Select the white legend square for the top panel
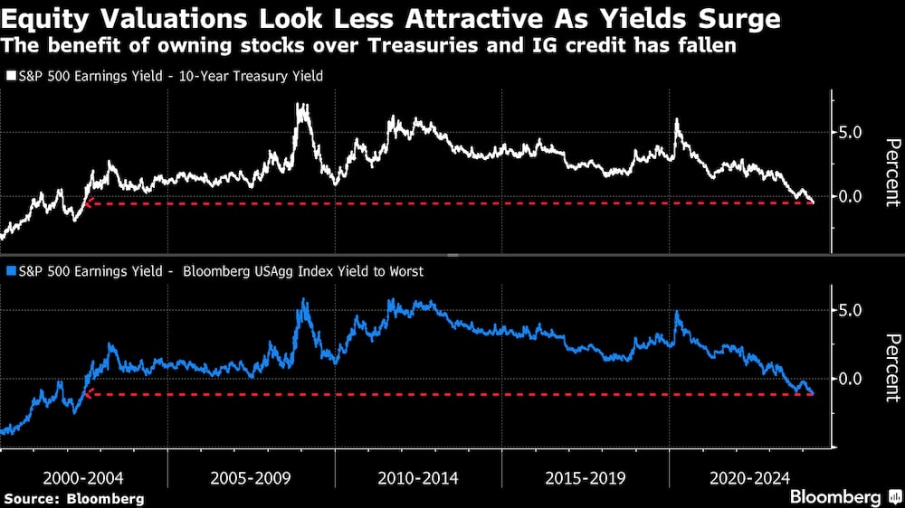(10, 77)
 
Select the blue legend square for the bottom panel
(10, 270)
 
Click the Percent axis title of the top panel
(891, 173)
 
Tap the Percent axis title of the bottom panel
(891, 367)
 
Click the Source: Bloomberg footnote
(74, 498)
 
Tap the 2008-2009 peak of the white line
(301, 106)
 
